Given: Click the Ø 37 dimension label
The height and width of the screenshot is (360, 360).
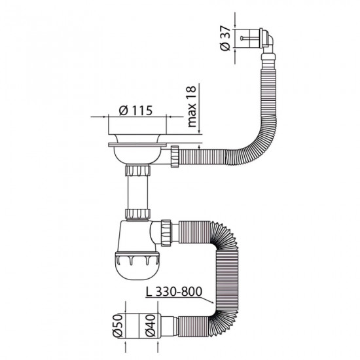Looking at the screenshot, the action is [x=225, y=39].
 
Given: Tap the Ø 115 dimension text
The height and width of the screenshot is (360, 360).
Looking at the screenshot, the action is [x=135, y=111].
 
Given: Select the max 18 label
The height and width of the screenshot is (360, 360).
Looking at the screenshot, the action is [x=192, y=106].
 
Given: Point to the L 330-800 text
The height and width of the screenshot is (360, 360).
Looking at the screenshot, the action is [x=174, y=292].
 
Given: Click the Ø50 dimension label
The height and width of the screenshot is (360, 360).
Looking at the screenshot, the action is [x=118, y=326].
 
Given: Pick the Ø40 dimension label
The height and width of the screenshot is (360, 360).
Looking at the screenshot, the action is [x=151, y=326].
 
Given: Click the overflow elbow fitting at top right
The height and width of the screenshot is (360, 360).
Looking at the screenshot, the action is [x=266, y=40].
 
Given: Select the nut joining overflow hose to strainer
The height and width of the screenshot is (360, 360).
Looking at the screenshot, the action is [x=175, y=156].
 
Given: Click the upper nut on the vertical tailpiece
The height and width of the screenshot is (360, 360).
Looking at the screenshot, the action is [x=137, y=170].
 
